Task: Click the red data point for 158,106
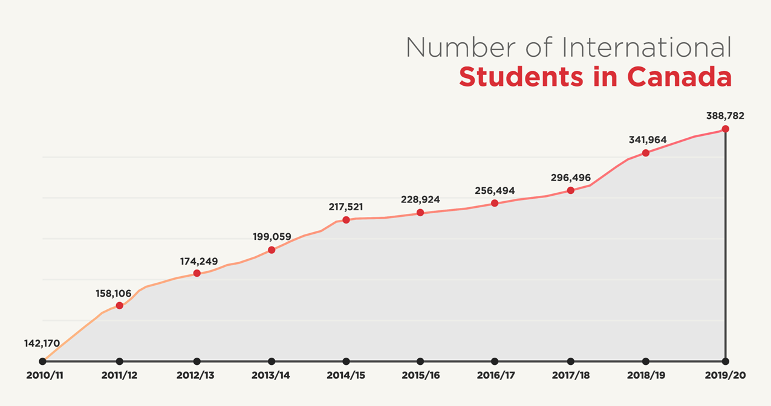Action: (x=119, y=306)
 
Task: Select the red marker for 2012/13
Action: (x=197, y=274)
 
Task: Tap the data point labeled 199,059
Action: (x=272, y=250)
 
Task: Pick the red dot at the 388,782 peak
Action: (x=725, y=129)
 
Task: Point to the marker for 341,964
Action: (x=646, y=153)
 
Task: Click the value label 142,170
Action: (x=42, y=343)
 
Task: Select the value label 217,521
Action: (x=346, y=206)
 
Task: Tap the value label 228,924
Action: (x=420, y=199)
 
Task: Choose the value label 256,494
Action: (x=495, y=190)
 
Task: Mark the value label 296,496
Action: (x=571, y=178)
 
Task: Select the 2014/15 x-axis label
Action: (x=345, y=375)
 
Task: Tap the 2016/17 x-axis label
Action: (x=495, y=375)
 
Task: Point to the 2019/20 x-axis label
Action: (x=726, y=375)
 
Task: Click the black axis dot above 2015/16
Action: (x=420, y=361)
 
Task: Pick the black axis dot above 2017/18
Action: (x=571, y=361)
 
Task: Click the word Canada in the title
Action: (x=679, y=77)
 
